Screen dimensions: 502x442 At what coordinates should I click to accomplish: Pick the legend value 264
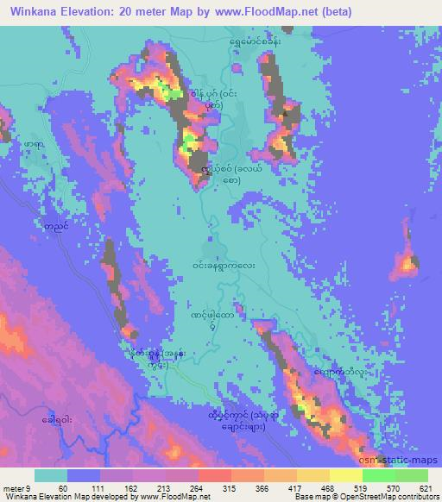click(198, 486)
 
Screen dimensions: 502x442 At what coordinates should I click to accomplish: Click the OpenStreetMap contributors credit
click(389, 497)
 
